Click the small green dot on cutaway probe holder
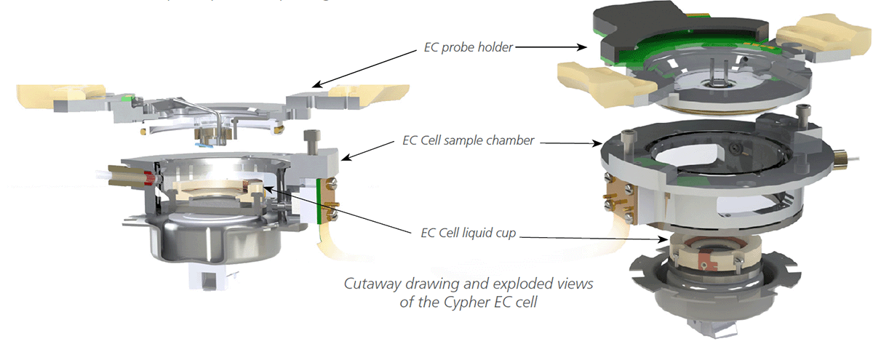click(x=128, y=96)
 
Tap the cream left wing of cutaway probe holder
click(x=51, y=94)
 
